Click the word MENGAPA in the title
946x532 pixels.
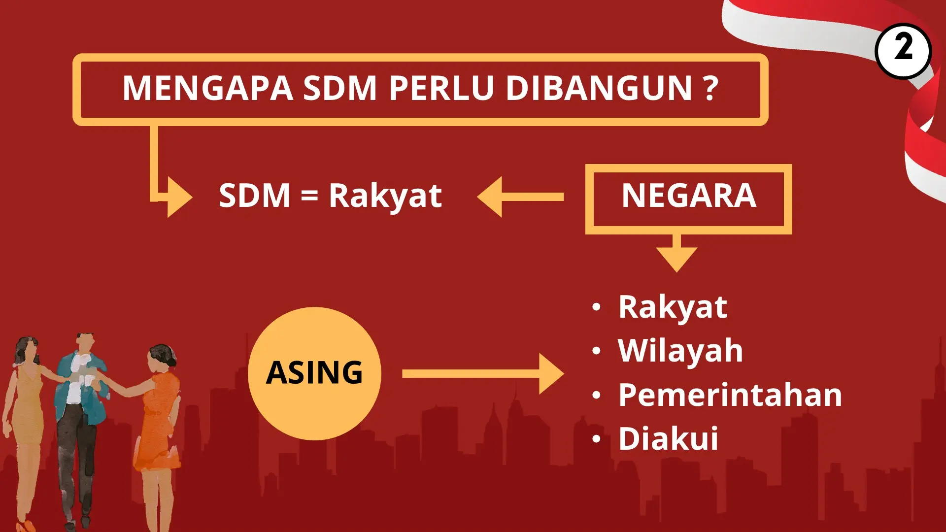[x=207, y=88]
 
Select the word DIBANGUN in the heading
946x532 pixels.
[x=599, y=88]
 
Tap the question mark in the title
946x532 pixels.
[x=710, y=88]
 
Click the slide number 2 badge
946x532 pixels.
[x=903, y=51]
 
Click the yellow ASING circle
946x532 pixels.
[x=314, y=373]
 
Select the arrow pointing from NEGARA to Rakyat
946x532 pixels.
[x=520, y=197]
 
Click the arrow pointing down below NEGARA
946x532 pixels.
[x=676, y=253]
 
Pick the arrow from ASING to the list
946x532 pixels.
[x=483, y=374]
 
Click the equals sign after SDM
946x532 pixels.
[x=309, y=196]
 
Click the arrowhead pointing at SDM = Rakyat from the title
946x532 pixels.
[x=179, y=197]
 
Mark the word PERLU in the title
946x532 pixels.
[x=441, y=88]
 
